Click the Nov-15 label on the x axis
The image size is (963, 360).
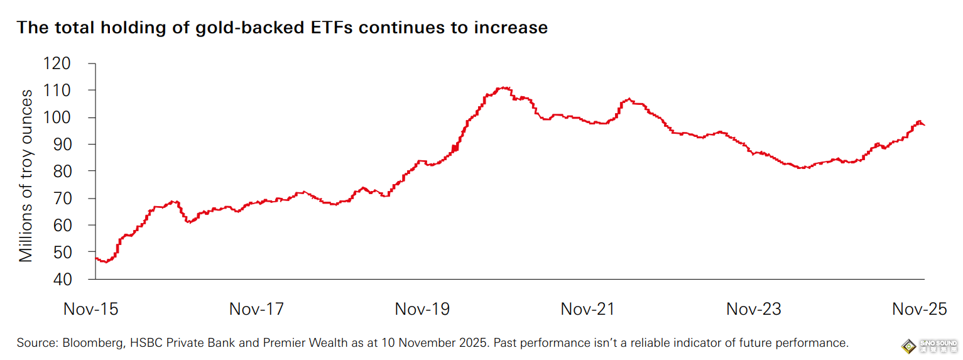(91, 309)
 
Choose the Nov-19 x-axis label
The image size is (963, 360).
(422, 309)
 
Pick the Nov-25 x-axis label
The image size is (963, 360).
(919, 309)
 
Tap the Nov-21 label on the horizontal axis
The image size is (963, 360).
(588, 309)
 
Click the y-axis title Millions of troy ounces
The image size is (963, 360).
(26, 176)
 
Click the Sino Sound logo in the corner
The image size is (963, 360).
(928, 346)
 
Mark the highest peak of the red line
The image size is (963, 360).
(504, 87)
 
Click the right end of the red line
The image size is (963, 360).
(924, 125)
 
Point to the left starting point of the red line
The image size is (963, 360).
(95, 258)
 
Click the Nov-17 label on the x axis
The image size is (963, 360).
(256, 309)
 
